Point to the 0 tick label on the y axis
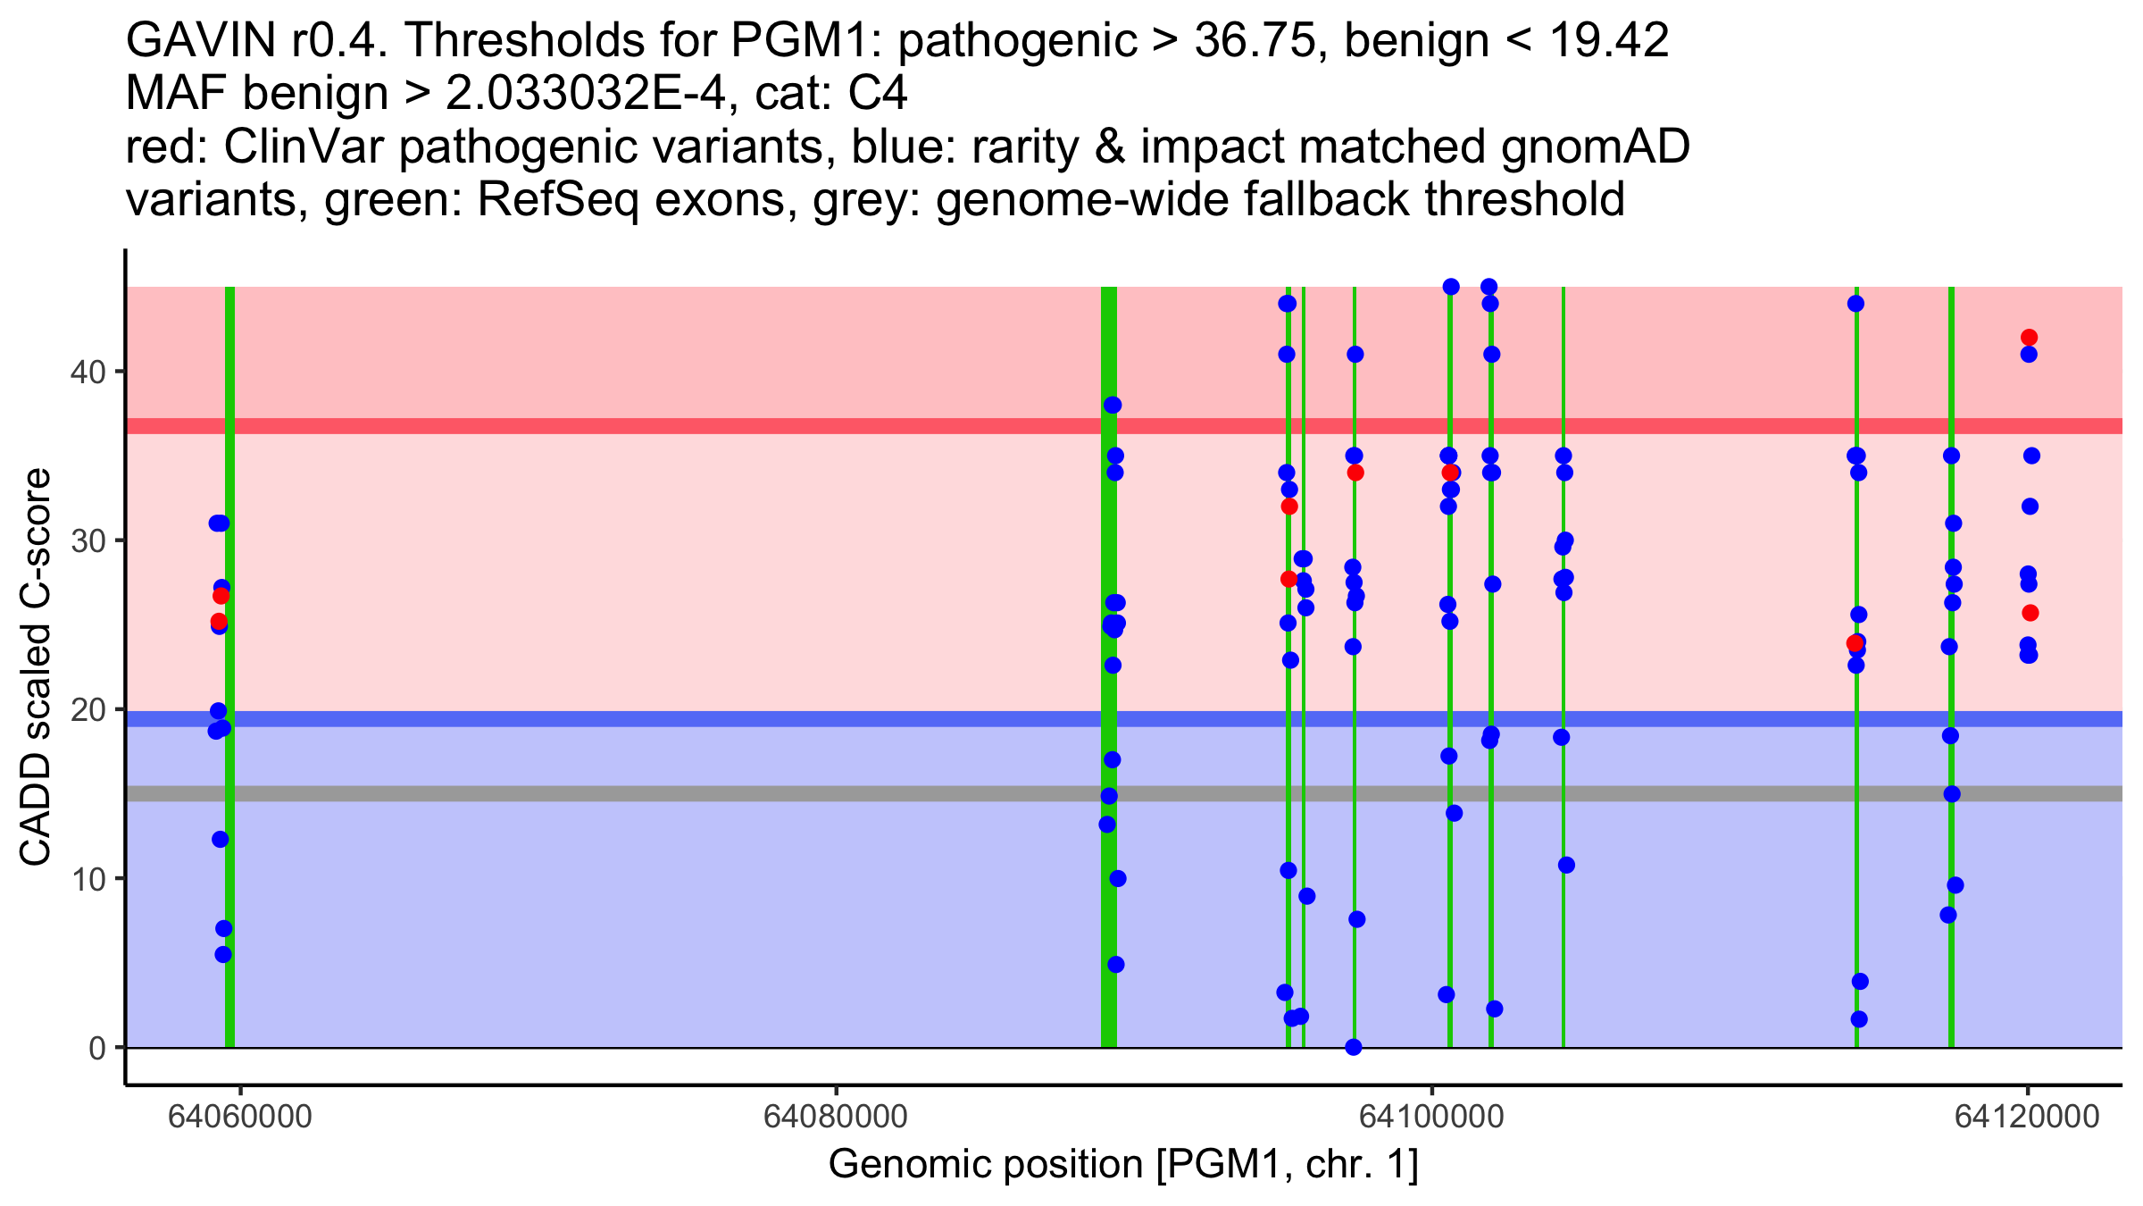click(x=96, y=1048)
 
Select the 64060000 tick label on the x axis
click(x=240, y=1117)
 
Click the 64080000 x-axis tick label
click(x=836, y=1117)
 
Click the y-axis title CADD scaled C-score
click(x=36, y=667)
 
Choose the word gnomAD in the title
click(x=1595, y=147)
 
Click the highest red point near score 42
click(x=2029, y=338)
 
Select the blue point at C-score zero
click(x=1354, y=1047)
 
